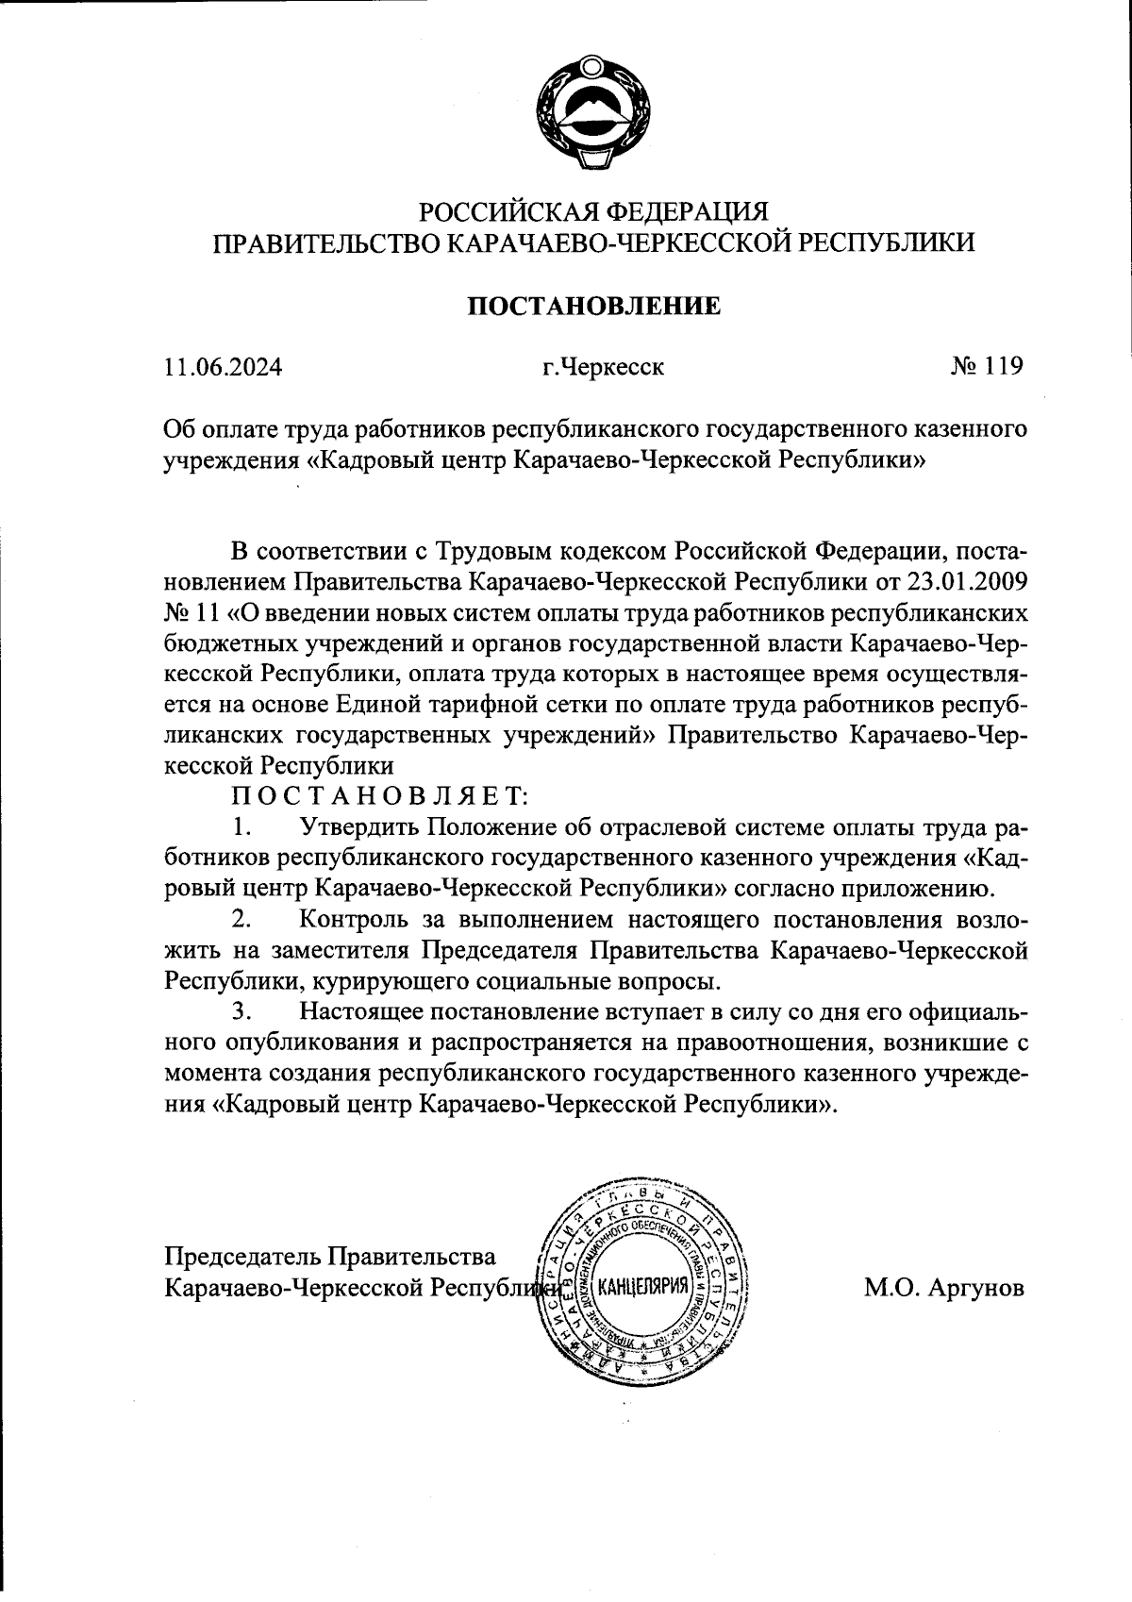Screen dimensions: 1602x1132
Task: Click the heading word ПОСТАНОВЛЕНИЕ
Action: (594, 307)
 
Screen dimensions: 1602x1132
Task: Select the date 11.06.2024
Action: (223, 367)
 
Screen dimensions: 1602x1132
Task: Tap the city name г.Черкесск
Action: (602, 367)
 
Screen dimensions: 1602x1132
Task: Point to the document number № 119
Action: (987, 365)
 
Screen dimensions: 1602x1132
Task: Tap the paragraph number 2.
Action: (241, 918)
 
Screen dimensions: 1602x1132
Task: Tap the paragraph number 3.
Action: (241, 1010)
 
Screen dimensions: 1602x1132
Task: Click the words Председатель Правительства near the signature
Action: (330, 1256)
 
